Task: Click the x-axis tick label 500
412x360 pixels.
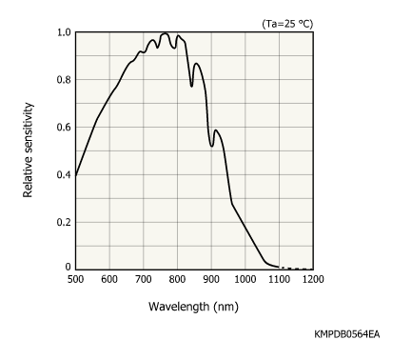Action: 75,279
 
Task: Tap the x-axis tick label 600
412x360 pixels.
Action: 109,279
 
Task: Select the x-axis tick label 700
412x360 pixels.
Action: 144,279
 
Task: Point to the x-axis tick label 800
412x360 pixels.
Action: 177,279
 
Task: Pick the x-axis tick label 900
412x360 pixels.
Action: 211,279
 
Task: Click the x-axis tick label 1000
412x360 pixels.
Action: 245,279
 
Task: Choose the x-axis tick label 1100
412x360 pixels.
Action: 279,279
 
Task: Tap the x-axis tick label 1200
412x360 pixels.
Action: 312,279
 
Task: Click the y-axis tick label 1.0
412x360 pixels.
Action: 62,32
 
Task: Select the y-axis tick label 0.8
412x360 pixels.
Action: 62,80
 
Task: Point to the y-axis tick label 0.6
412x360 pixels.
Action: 62,128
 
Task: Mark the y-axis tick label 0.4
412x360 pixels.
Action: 62,175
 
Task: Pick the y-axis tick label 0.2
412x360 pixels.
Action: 62,222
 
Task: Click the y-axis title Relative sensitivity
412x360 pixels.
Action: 29,150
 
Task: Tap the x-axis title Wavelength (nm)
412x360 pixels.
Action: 194,308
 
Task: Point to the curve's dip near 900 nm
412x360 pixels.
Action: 211,145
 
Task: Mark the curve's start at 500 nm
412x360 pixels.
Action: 76,174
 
